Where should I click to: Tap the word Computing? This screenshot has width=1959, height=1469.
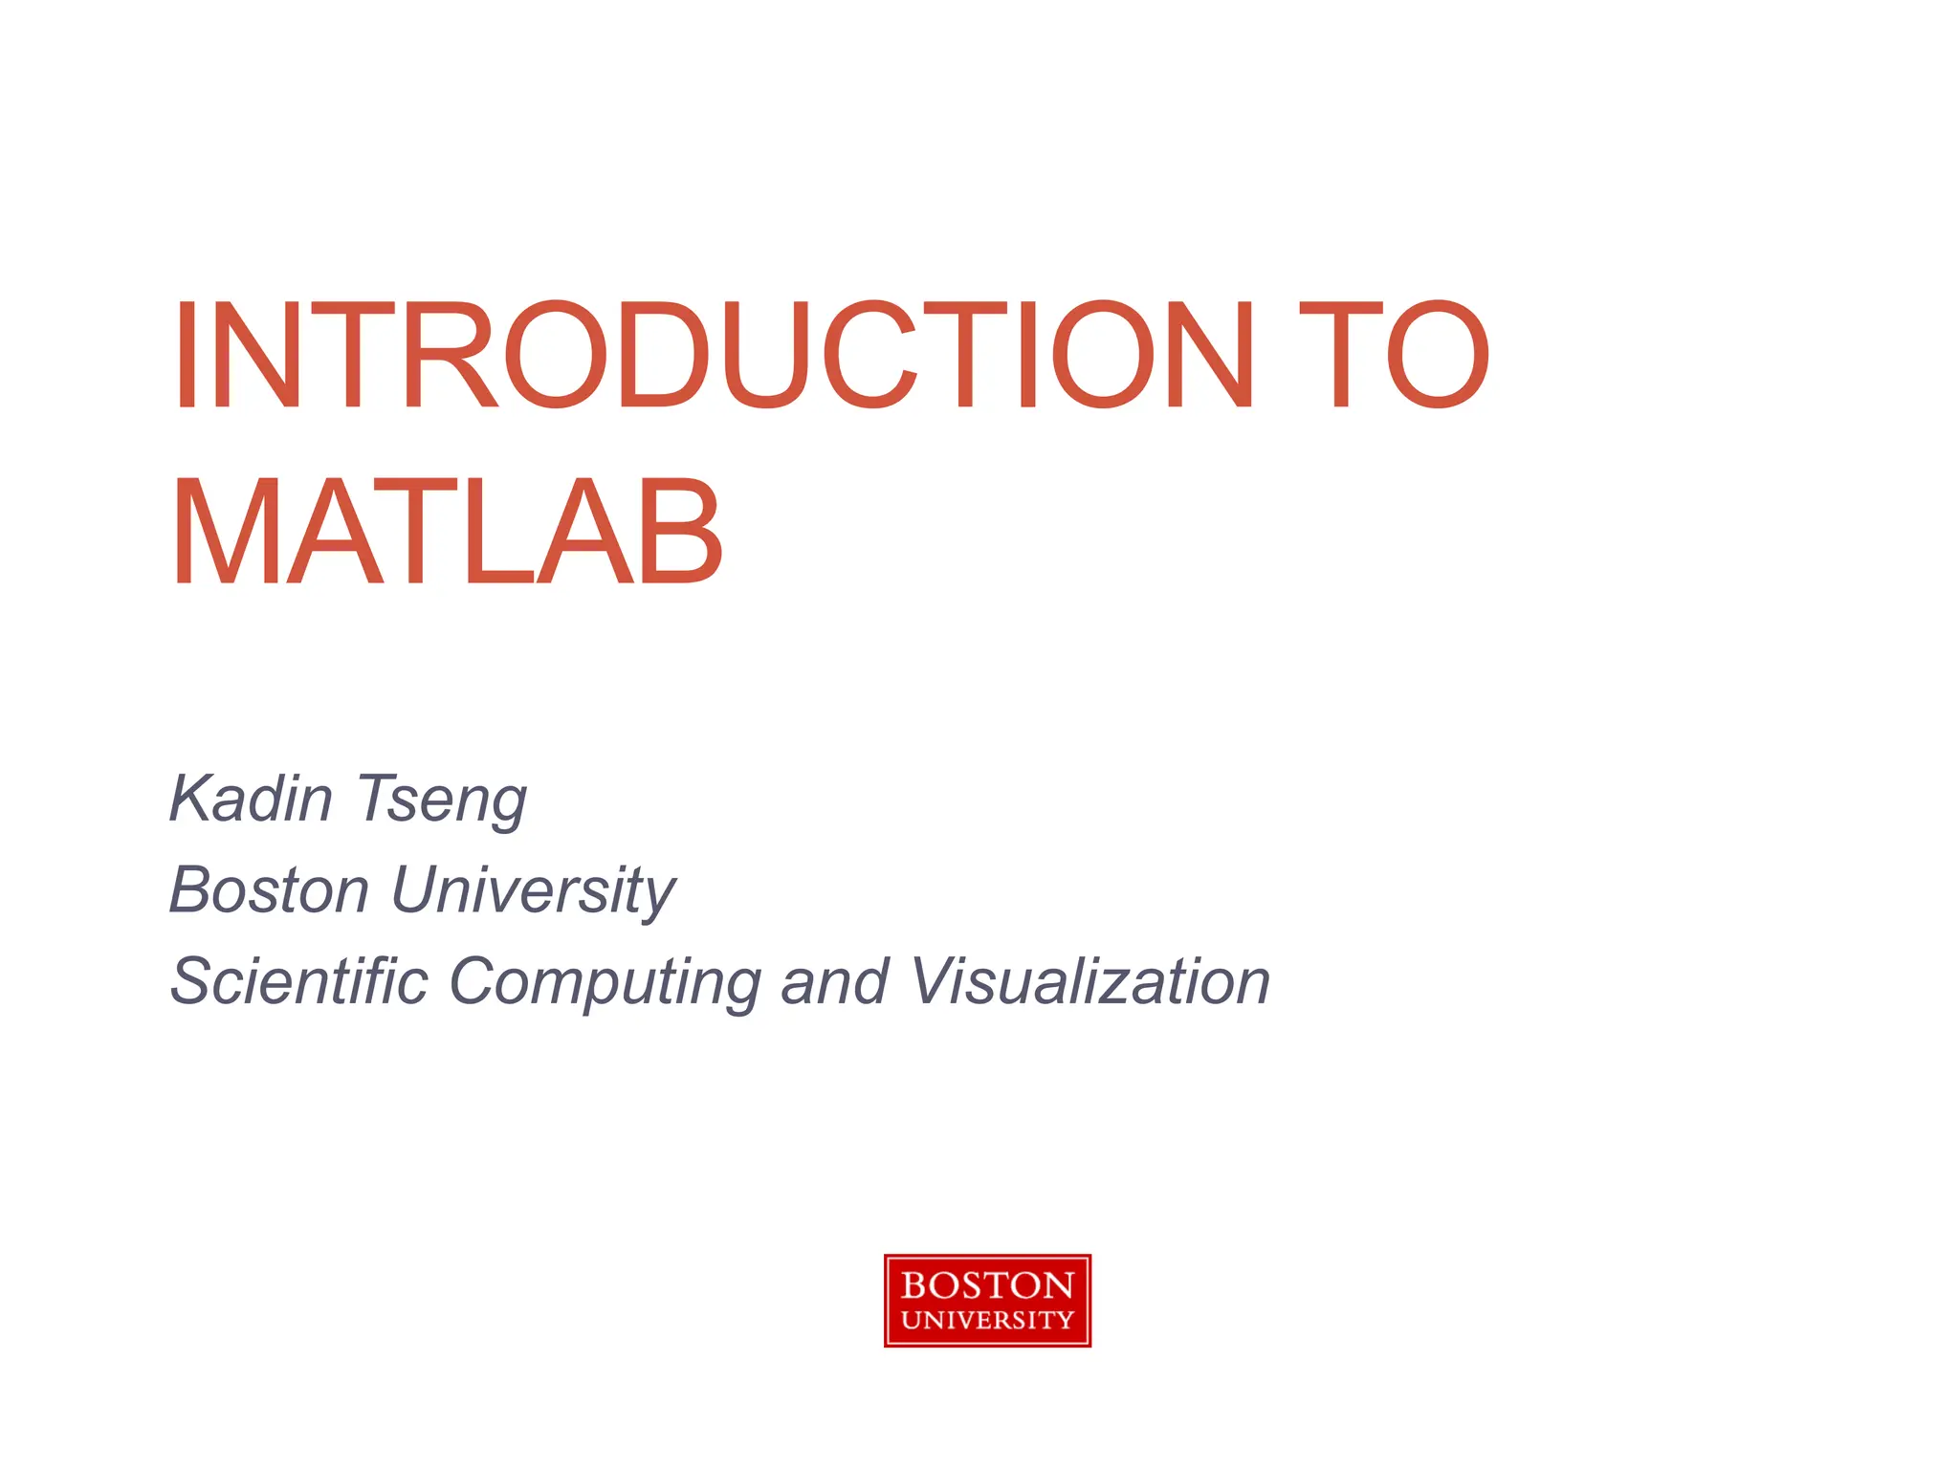point(605,983)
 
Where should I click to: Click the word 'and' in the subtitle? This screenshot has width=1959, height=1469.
point(835,981)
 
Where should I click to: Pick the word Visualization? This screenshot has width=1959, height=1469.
point(1090,981)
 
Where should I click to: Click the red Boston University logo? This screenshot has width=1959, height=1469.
point(987,1301)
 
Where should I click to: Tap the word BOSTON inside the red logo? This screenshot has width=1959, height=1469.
point(987,1284)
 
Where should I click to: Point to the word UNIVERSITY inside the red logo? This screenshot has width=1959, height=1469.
point(987,1321)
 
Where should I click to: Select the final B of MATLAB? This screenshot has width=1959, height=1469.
point(680,532)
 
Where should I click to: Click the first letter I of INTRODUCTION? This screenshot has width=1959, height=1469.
point(185,355)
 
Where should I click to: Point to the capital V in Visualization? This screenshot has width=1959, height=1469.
point(932,981)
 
